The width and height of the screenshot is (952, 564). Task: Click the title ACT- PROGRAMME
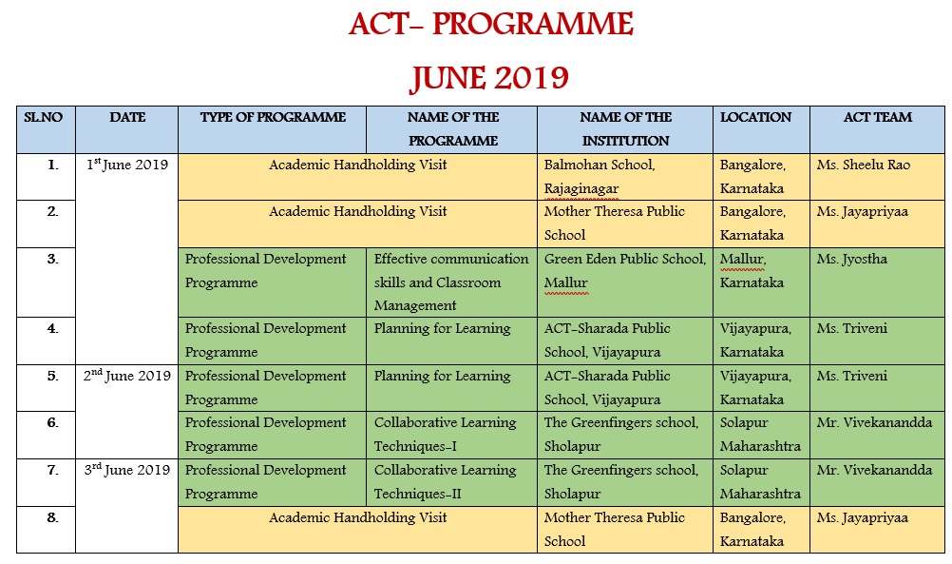tap(490, 25)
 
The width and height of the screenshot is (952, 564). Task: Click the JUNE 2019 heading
tap(489, 78)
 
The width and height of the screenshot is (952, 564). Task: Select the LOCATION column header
tap(755, 118)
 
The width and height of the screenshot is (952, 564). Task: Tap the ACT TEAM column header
tap(877, 118)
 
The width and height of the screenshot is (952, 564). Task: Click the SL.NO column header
tap(44, 118)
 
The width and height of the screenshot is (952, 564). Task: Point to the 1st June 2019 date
tap(126, 165)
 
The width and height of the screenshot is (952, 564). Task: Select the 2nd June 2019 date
tap(126, 376)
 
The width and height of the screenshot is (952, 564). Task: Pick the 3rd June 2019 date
tap(126, 470)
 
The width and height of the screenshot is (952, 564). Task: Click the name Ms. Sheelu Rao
tap(863, 165)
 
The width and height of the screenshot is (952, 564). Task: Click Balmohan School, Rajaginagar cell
tap(599, 177)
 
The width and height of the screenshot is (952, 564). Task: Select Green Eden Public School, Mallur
tap(624, 270)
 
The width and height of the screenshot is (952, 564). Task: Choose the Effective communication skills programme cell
tap(451, 282)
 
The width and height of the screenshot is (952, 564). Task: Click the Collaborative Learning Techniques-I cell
tap(445, 434)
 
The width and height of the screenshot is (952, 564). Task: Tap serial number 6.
tap(53, 423)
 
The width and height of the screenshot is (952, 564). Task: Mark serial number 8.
tap(53, 517)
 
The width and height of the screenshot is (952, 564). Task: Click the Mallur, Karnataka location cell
tap(752, 270)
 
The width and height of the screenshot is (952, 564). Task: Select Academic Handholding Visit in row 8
tap(357, 517)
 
